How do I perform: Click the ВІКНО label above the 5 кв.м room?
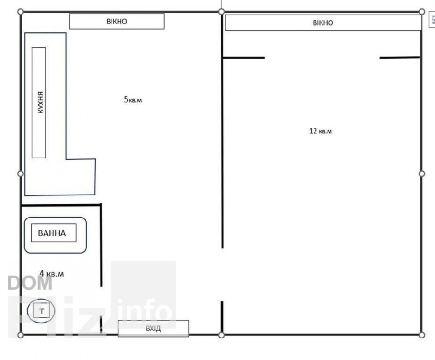click(117, 22)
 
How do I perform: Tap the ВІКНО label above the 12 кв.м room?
click(323, 23)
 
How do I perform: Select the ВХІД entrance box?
click(153, 329)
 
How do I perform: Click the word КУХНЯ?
click(40, 102)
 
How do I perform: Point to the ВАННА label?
click(52, 233)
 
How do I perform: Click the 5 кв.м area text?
click(133, 99)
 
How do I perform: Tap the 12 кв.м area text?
click(321, 131)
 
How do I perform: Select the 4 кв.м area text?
click(52, 274)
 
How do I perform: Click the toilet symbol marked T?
click(41, 311)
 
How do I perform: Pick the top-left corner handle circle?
click(21, 12)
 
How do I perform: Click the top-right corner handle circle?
click(422, 12)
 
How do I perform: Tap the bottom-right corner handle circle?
click(422, 335)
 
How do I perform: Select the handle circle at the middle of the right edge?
click(422, 173)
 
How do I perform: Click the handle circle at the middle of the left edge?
click(21, 173)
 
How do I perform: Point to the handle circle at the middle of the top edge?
click(221, 12)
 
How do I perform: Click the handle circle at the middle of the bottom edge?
click(221, 335)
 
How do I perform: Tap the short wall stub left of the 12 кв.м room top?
click(244, 58)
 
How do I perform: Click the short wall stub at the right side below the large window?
click(399, 58)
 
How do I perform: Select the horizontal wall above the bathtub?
click(61, 205)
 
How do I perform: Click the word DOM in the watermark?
click(30, 283)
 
